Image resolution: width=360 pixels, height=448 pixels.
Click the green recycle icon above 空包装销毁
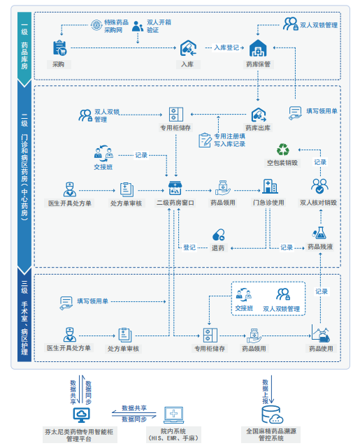283,150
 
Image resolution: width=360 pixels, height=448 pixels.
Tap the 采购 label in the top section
58,64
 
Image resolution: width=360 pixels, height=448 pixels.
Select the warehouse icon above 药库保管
258,48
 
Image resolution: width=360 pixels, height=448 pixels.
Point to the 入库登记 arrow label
226,48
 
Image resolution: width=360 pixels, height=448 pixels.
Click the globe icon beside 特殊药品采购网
96,25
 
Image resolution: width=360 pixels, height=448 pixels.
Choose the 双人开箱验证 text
159,26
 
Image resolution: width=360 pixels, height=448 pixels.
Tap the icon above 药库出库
259,115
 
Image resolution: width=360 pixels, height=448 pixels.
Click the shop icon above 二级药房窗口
175,188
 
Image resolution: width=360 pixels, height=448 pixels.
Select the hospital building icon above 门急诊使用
270,187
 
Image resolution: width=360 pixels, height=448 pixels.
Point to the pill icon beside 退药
219,235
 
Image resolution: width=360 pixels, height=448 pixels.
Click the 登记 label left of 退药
189,247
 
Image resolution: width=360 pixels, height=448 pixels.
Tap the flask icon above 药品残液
319,233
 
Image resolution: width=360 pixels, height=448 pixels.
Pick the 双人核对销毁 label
318,203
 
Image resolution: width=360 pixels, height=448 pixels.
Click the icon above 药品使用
321,333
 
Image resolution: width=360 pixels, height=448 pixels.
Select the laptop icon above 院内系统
174,415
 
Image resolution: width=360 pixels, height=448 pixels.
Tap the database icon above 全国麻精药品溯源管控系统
272,415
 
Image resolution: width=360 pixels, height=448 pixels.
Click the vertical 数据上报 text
266,391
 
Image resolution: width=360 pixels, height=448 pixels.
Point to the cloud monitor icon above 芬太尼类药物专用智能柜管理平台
81,415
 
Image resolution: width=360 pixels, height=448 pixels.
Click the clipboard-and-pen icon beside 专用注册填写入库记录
205,140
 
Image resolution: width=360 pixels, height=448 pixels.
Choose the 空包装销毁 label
282,163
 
